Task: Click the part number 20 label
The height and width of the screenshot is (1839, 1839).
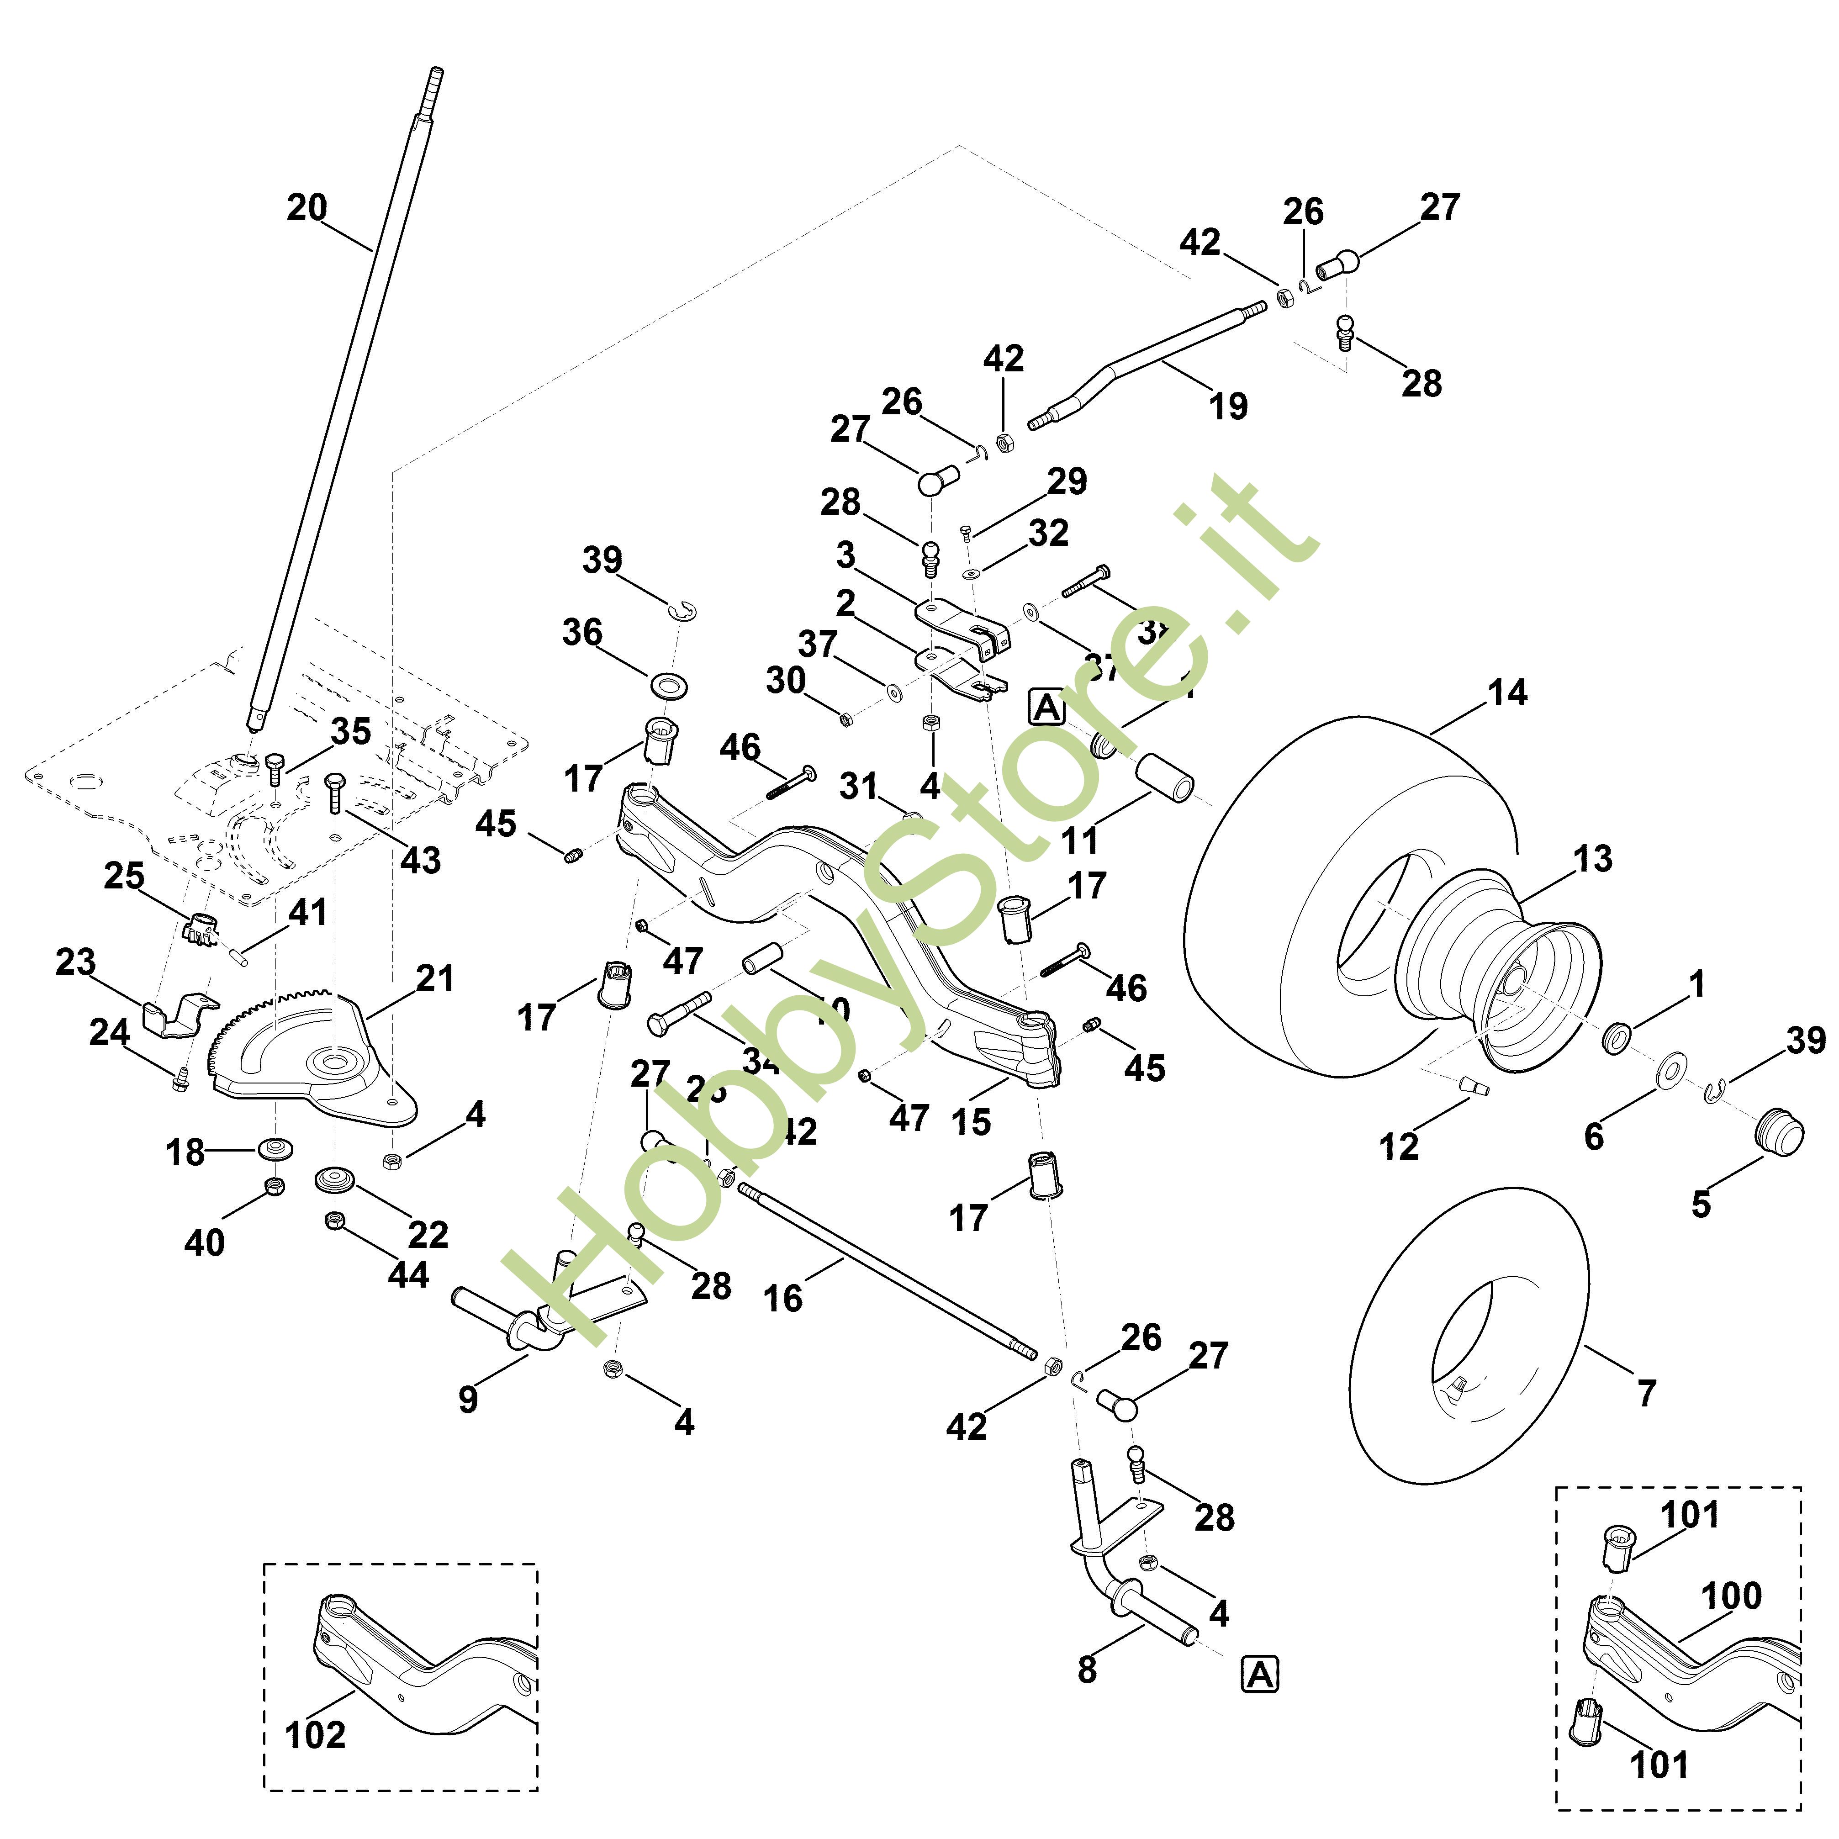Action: [306, 207]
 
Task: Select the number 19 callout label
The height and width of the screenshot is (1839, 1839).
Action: [1228, 407]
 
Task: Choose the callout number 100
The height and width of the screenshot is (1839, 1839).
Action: [1730, 1596]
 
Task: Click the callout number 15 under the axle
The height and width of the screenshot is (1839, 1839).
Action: [970, 1122]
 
